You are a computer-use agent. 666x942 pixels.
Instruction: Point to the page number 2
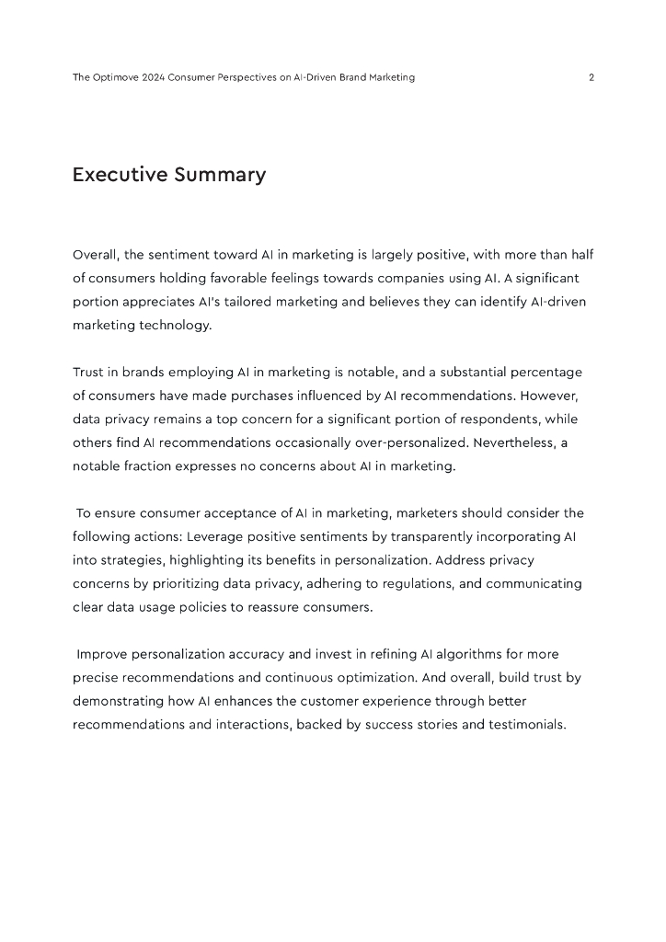(x=591, y=77)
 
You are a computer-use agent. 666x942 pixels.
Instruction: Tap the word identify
(x=490, y=301)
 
